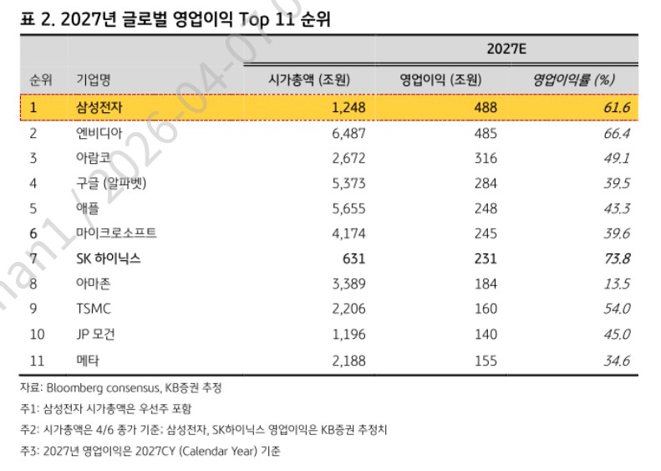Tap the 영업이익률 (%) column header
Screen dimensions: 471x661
573,80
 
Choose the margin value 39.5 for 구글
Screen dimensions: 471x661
615,183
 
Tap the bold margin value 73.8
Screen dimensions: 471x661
615,259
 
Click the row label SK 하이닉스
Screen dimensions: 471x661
109,259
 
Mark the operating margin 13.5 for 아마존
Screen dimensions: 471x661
615,284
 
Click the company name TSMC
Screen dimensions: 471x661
94,309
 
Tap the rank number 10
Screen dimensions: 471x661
37,334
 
